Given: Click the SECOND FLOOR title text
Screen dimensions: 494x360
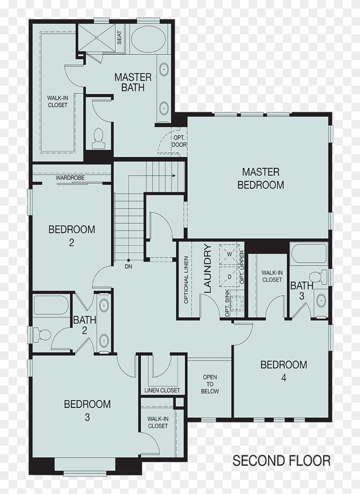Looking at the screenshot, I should click(281, 461).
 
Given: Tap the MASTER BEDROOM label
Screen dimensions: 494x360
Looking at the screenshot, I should click(261, 178).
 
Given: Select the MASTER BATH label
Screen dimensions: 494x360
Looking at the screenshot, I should click(132, 82).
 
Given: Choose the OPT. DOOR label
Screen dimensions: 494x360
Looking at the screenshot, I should click(179, 141).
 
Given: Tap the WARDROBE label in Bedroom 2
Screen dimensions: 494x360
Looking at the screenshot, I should click(70, 178).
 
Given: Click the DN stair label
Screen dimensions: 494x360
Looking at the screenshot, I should click(128, 266).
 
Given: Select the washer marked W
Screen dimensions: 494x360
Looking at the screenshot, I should click(229, 254).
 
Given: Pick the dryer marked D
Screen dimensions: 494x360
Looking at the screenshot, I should click(229, 276).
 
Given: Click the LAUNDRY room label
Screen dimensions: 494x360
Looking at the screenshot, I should click(207, 268).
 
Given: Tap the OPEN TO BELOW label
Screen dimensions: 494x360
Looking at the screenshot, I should click(210, 384).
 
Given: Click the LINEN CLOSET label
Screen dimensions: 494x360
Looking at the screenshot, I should click(162, 390).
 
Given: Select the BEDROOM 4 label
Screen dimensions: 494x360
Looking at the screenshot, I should click(283, 371).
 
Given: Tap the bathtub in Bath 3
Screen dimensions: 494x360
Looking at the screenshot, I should click(308, 254).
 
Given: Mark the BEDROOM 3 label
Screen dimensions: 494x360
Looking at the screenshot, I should click(87, 410).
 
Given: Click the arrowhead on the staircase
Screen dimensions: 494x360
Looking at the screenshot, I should click(174, 175).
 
